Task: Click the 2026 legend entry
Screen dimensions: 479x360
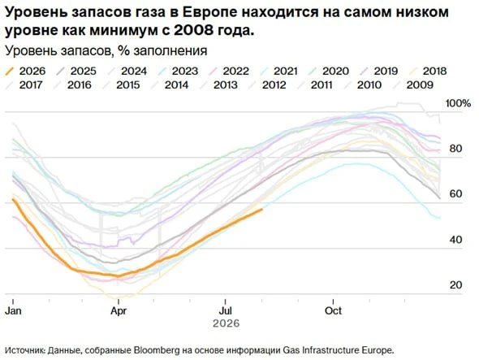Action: [x=26, y=72]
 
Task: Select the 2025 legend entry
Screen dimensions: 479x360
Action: [x=76, y=72]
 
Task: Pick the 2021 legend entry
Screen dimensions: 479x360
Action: [x=279, y=72]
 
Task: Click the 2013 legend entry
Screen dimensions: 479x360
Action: [x=219, y=85]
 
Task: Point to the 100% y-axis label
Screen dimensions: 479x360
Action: [x=458, y=103]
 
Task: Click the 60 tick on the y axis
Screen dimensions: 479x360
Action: [x=455, y=193]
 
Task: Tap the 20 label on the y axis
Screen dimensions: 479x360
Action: [x=455, y=285]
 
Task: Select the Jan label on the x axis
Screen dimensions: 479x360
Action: [x=14, y=310]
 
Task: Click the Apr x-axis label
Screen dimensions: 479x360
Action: [x=119, y=310]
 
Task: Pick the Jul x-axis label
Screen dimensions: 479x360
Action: [x=225, y=310]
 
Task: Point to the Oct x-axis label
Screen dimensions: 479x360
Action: [x=333, y=310]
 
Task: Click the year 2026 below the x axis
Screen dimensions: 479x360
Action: [x=226, y=323]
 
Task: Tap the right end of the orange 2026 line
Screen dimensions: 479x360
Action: [x=262, y=209]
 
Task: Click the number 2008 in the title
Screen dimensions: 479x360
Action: [x=193, y=31]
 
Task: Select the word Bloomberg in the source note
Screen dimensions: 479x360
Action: [x=157, y=350]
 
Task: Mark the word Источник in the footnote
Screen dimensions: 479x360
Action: [x=25, y=350]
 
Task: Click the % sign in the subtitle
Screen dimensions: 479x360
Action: [x=123, y=50]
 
